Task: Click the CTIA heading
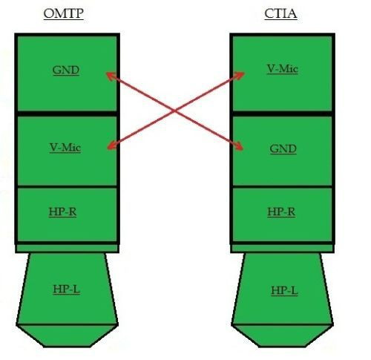tap(280, 13)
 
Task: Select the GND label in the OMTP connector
tap(66, 71)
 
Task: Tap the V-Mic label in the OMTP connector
tap(65, 147)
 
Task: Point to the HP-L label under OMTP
tap(66, 288)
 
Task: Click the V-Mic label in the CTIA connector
tap(282, 69)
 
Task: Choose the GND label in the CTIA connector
tap(283, 148)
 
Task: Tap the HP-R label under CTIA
tap(282, 212)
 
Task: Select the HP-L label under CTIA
tap(283, 289)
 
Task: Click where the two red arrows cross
tap(175, 111)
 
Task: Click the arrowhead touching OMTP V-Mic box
tap(109, 146)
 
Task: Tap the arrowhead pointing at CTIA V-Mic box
tap(244, 73)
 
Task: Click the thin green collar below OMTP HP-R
tap(66, 248)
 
